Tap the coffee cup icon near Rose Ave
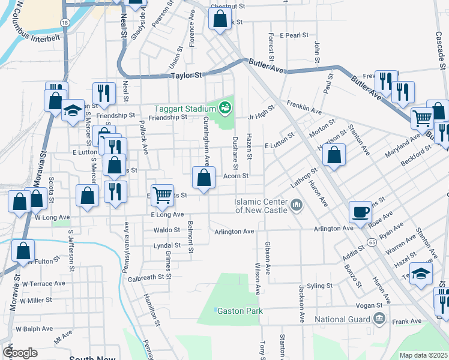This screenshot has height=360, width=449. click(x=360, y=212)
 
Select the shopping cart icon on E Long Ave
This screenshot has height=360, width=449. click(x=162, y=194)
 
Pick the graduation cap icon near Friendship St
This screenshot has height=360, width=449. click(x=73, y=110)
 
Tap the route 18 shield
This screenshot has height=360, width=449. click(x=64, y=22)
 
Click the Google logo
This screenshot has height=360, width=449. click(x=20, y=353)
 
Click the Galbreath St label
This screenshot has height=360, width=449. click(x=145, y=277)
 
